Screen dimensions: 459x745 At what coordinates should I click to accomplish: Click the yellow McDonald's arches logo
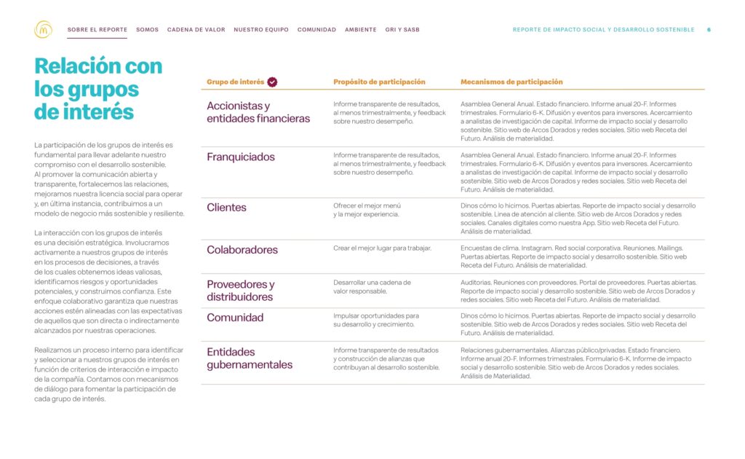click(43, 30)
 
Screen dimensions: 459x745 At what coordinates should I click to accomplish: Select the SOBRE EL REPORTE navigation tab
click(97, 30)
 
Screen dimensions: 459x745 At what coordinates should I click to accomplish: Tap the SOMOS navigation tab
click(147, 30)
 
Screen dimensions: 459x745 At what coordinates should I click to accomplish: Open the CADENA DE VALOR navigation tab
click(196, 30)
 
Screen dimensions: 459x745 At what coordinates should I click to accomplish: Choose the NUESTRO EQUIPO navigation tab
click(261, 30)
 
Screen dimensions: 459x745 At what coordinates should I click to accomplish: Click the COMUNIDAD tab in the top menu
click(316, 30)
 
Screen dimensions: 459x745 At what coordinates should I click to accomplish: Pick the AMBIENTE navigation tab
click(361, 30)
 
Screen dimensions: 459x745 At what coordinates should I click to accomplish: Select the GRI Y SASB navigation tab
click(402, 30)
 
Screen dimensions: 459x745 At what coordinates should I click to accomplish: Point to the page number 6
click(709, 30)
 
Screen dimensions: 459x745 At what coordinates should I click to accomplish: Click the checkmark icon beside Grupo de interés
click(272, 82)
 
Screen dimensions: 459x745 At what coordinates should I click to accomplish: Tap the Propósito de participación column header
click(379, 82)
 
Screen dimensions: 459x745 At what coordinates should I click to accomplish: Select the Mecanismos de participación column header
click(511, 82)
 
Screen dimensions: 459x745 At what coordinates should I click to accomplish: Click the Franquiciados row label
click(241, 157)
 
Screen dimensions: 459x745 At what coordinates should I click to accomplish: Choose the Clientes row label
click(226, 208)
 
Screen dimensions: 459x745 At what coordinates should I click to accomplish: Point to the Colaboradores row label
click(242, 250)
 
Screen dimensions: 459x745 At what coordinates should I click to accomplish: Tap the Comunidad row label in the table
click(235, 318)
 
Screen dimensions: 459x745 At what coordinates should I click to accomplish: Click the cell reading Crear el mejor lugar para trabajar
click(382, 248)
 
